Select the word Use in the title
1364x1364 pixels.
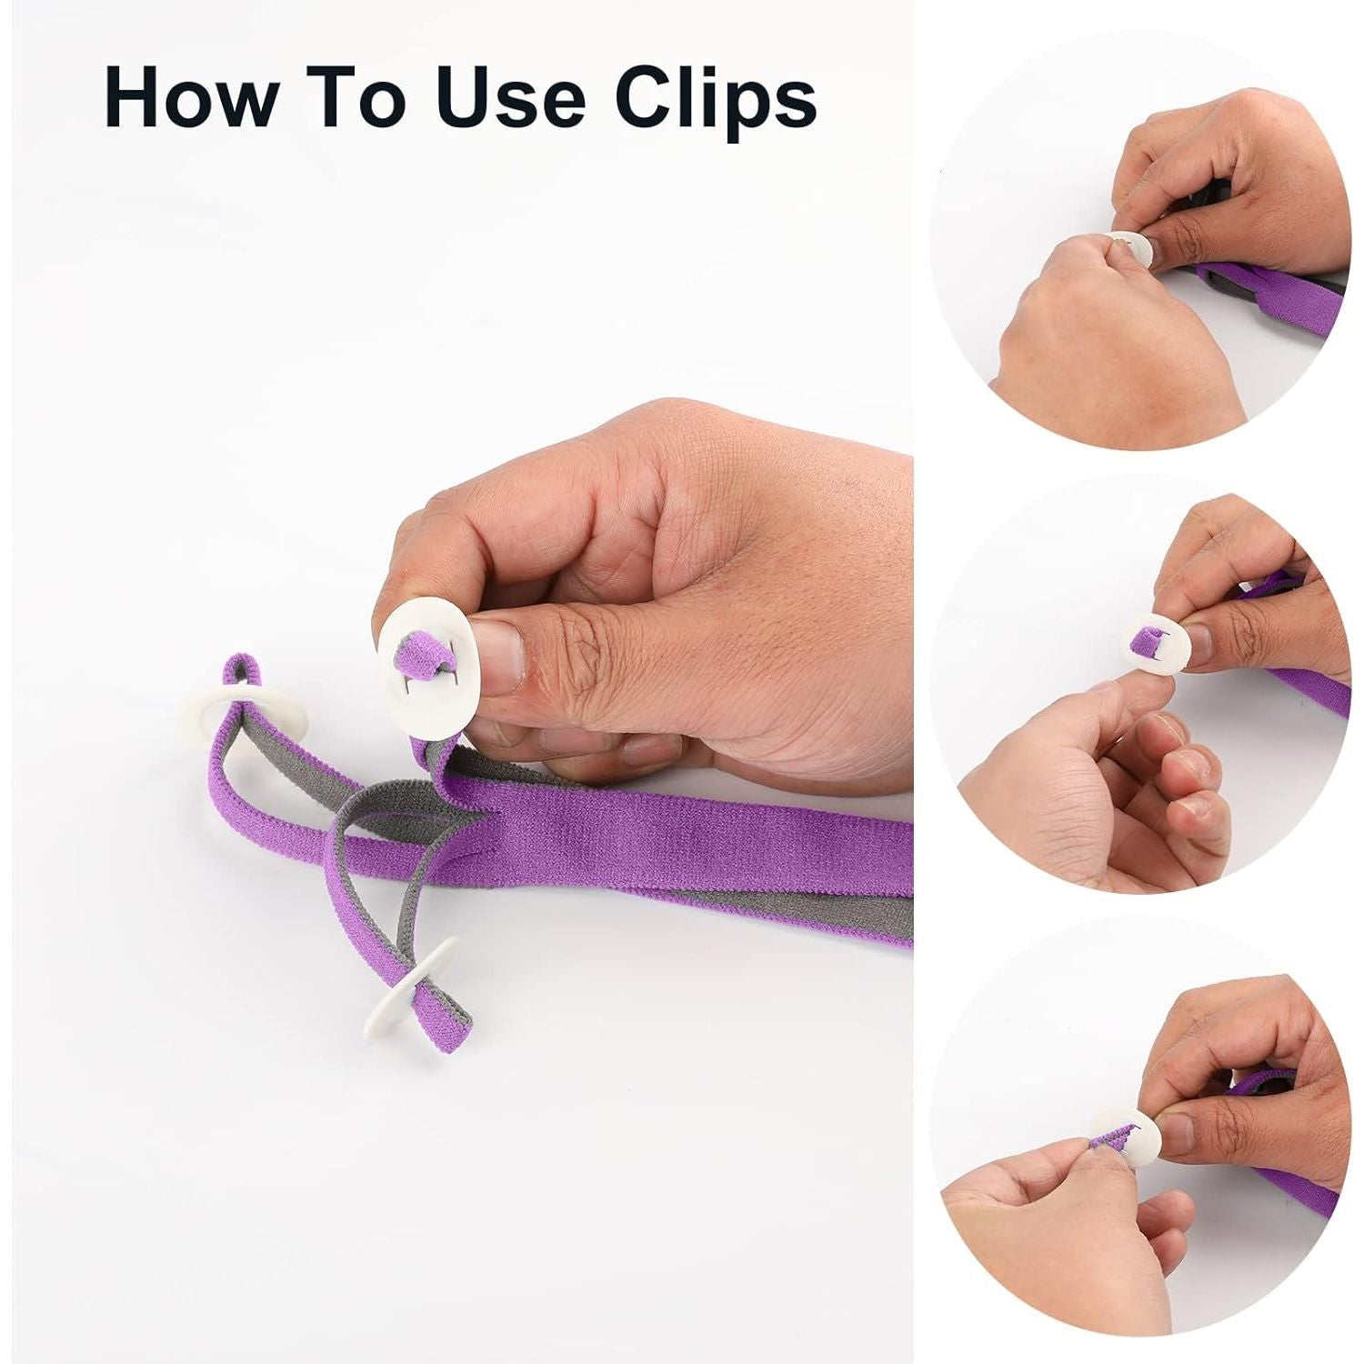pos(509,96)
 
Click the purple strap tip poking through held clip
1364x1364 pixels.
pos(417,657)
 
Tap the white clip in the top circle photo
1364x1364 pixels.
pos(1130,246)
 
